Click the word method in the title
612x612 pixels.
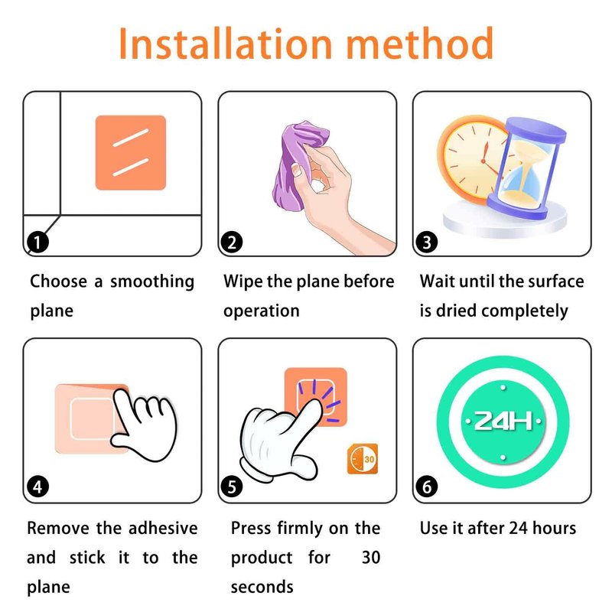click(420, 44)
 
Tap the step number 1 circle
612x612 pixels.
click(37, 242)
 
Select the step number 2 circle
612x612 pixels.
click(232, 242)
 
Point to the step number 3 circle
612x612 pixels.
click(427, 242)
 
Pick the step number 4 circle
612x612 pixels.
click(37, 487)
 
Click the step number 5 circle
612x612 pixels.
click(232, 487)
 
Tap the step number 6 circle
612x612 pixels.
click(427, 487)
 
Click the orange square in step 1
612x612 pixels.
click(131, 152)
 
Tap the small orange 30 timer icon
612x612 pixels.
click(363, 458)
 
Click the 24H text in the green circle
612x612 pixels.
click(503, 422)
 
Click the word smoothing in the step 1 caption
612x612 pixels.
click(151, 282)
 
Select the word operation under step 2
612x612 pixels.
click(262, 311)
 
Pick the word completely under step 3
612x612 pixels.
click(525, 311)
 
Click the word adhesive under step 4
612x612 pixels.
click(163, 528)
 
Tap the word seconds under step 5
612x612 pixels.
click(262, 587)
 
